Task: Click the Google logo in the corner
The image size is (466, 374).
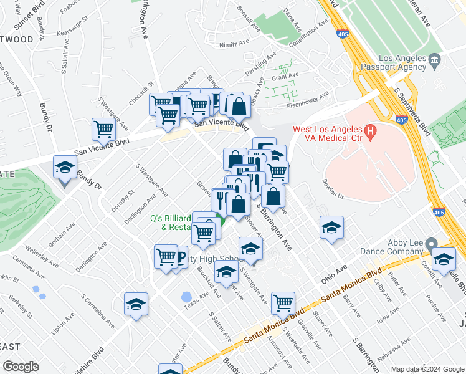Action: (21, 367)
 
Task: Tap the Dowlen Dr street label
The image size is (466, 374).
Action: (333, 189)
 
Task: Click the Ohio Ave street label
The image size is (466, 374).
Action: (334, 272)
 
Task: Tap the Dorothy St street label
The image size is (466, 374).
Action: (121, 201)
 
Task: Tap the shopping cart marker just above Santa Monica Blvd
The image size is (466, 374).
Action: (283, 303)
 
